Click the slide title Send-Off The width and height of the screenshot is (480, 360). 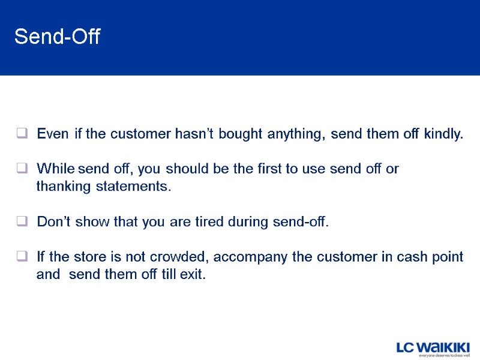tap(58, 37)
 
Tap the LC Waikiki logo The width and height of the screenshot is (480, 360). tap(433, 348)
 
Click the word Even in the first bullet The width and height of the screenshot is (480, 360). tap(52, 133)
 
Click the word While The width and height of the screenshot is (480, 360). tap(55, 169)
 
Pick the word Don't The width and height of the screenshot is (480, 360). tap(55, 222)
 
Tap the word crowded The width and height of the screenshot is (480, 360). tap(179, 257)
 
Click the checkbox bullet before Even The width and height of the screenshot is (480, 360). tap(22, 133)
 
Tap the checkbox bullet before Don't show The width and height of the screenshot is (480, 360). tap(22, 222)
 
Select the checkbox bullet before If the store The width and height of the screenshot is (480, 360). tap(22, 257)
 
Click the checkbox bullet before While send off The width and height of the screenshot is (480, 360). tap(22, 169)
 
